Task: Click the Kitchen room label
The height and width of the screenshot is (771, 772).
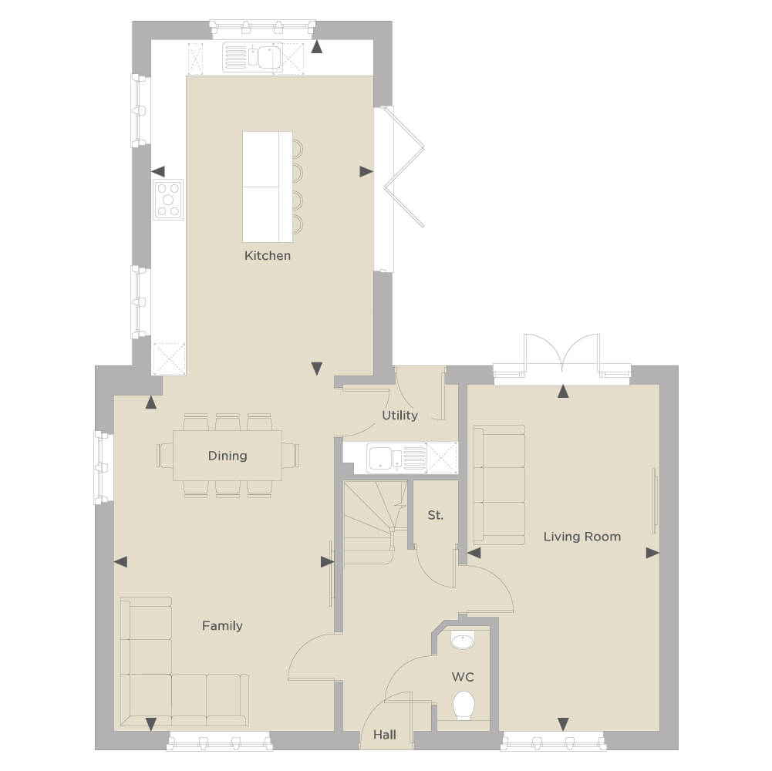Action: (x=268, y=255)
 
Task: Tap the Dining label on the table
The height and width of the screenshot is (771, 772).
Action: (x=228, y=456)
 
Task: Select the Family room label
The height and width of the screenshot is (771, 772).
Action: (x=222, y=626)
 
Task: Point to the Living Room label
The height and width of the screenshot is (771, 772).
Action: (x=582, y=537)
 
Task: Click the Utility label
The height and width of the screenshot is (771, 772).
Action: (x=399, y=416)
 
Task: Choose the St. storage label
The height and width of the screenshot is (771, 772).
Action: (x=435, y=516)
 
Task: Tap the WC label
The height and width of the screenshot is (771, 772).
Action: (x=463, y=677)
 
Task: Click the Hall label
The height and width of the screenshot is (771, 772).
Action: (x=385, y=735)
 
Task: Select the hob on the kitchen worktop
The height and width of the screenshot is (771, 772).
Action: (x=168, y=200)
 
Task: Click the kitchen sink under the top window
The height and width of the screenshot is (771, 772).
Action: (x=252, y=56)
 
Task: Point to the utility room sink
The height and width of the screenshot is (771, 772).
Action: (x=396, y=458)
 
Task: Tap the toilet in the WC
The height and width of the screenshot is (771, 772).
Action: (x=463, y=705)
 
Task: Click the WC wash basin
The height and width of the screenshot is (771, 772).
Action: (x=463, y=641)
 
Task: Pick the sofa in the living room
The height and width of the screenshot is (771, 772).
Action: (x=499, y=485)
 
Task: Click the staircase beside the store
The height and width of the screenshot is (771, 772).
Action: (x=375, y=523)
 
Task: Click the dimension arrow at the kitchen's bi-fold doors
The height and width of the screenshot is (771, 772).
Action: (x=366, y=172)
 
